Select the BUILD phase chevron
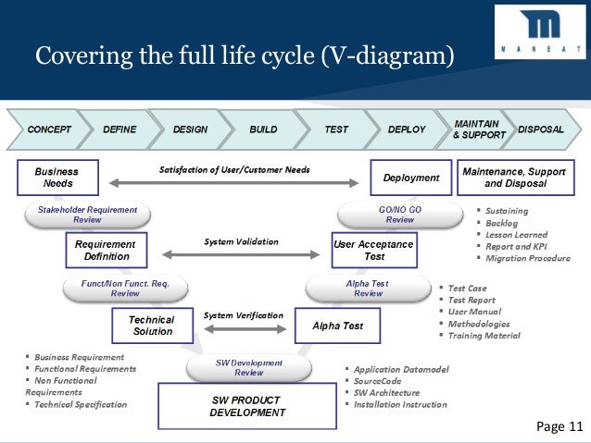263,129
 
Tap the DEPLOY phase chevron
406,129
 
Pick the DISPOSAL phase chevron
541,129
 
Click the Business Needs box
57,178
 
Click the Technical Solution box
151,326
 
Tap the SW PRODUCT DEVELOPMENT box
247,406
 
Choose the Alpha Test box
337,326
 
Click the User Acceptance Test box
373,250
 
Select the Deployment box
410,178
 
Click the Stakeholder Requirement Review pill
87,215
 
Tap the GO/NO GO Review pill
399,215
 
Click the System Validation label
241,241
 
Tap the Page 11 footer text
560,426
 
